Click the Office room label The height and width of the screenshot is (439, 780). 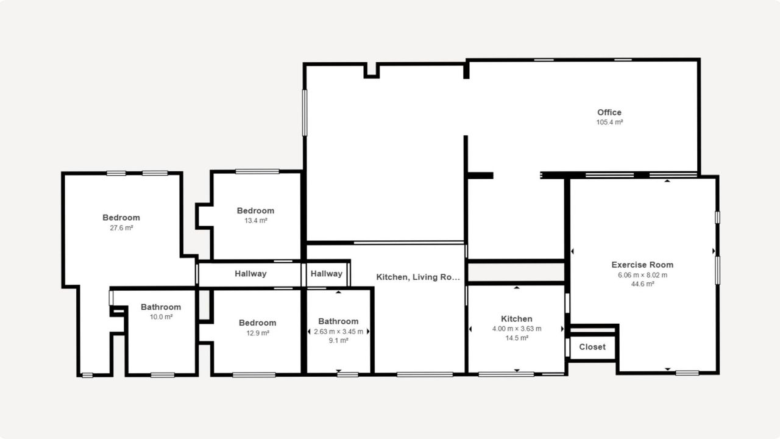pyautogui.click(x=609, y=113)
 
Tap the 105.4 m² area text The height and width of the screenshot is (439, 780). pyautogui.click(x=609, y=123)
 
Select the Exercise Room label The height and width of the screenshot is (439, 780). pyautogui.click(x=642, y=265)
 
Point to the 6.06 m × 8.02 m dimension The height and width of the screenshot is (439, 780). pyautogui.click(x=642, y=275)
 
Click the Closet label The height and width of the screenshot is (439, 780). pyautogui.click(x=592, y=347)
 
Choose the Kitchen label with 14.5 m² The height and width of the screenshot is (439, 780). pyautogui.click(x=516, y=319)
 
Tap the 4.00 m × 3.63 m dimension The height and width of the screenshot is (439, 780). pyautogui.click(x=517, y=329)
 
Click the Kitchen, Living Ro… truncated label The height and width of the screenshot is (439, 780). pyautogui.click(x=418, y=277)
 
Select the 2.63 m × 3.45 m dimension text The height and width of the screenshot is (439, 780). pyautogui.click(x=338, y=332)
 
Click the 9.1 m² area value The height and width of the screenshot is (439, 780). pyautogui.click(x=338, y=340)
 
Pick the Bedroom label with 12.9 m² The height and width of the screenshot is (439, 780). pyautogui.click(x=257, y=323)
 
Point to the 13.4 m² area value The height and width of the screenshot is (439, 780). pyautogui.click(x=255, y=221)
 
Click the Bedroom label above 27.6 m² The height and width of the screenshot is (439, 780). pyautogui.click(x=121, y=218)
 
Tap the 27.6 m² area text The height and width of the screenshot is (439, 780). pyautogui.click(x=121, y=228)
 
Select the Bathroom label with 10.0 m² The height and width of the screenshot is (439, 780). pyautogui.click(x=161, y=307)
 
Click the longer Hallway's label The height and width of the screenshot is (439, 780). pyautogui.click(x=250, y=274)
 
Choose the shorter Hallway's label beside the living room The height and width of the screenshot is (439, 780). pyautogui.click(x=327, y=274)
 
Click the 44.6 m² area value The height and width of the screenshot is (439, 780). pyautogui.click(x=642, y=284)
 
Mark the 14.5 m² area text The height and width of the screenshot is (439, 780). pyautogui.click(x=517, y=338)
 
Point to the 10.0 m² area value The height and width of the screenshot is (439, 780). pyautogui.click(x=161, y=317)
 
